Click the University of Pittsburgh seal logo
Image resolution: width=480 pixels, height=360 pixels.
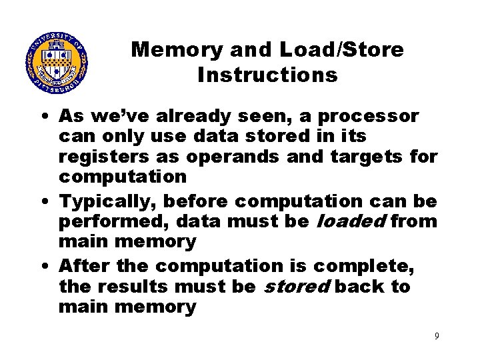(57, 64)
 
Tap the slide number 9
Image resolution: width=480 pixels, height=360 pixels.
(437, 336)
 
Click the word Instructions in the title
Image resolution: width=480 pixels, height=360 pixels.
(267, 75)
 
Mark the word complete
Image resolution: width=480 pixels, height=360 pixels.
(363, 265)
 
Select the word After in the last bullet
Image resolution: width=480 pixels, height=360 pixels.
(84, 265)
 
